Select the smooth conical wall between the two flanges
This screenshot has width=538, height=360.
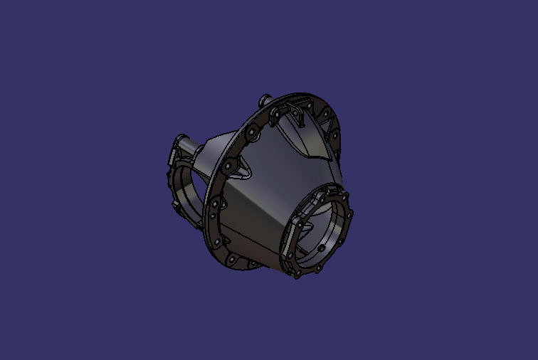click(x=263, y=206)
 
